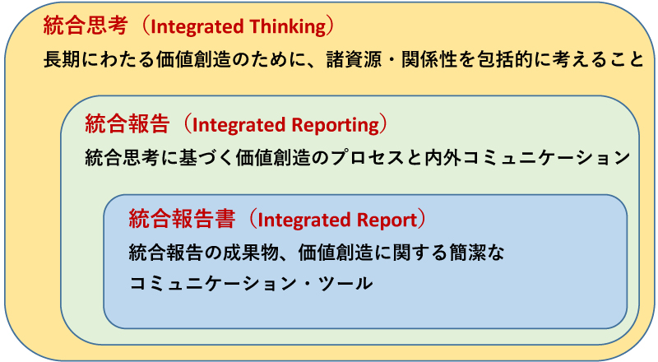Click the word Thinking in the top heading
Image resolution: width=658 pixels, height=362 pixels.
(288, 27)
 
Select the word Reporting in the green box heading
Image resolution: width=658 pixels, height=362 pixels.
(336, 125)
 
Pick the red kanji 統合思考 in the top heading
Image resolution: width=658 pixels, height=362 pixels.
(86, 26)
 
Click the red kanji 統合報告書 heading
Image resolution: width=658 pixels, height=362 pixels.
(182, 219)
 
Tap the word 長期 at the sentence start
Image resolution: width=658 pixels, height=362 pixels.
(62, 59)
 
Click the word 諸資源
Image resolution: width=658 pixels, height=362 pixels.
(354, 59)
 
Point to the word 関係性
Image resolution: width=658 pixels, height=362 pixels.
(429, 59)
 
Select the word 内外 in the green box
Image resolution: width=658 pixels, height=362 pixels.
(443, 158)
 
